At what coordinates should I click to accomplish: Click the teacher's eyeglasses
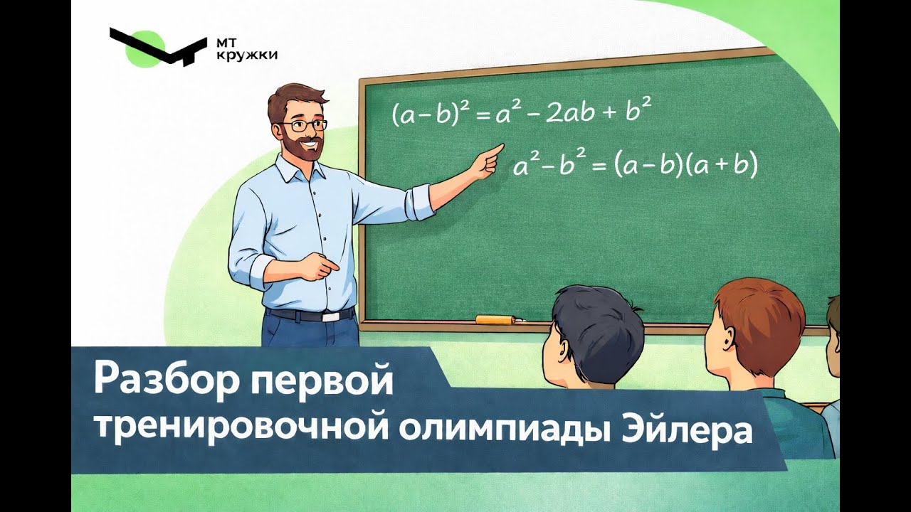(305, 126)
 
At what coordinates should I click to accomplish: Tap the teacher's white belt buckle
(330, 315)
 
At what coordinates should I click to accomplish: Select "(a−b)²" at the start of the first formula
(428, 114)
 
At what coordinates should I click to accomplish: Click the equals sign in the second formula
(598, 166)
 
